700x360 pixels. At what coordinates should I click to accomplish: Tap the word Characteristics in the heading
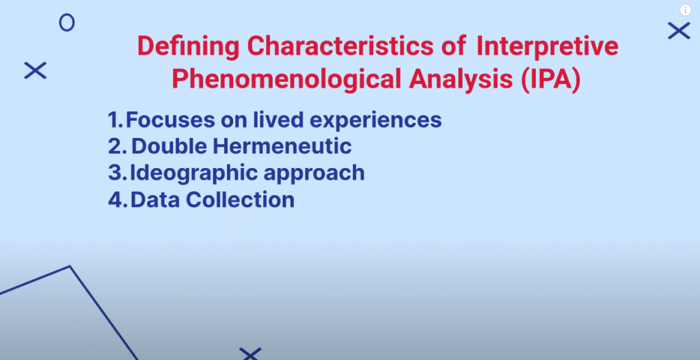coord(340,46)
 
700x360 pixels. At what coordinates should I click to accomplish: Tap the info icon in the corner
coord(685,10)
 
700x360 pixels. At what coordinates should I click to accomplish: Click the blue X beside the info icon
coord(679,31)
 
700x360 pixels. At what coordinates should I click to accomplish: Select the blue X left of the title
coord(36,70)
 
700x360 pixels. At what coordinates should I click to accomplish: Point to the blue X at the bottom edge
coord(250,355)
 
